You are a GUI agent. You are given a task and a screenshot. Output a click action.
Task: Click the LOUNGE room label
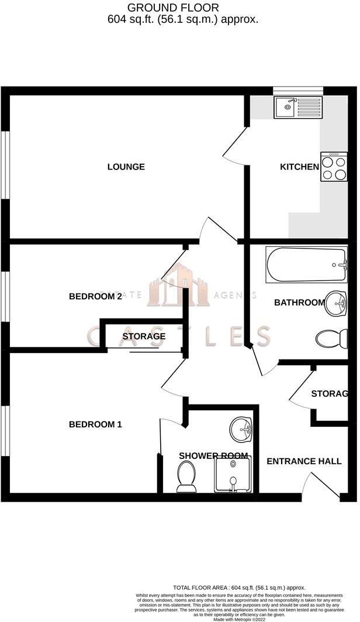click(126, 167)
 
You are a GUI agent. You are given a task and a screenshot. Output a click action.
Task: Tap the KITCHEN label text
click(299, 167)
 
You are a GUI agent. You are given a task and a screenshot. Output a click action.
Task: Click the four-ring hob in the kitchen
click(334, 167)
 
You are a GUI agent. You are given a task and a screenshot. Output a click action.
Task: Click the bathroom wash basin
click(336, 303)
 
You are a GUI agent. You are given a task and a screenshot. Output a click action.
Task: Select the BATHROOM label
click(299, 303)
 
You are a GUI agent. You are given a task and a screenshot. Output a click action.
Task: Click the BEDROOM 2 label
click(95, 296)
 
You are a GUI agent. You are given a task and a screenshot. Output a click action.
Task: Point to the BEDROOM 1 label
click(95, 424)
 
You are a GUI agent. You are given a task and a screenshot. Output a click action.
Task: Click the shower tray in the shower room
click(234, 474)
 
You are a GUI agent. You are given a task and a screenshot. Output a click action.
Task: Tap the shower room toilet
click(187, 476)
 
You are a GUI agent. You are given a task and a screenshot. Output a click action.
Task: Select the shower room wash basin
click(241, 430)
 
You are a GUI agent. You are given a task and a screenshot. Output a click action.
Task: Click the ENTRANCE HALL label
click(304, 461)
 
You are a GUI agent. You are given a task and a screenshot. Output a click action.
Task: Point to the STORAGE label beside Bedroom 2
click(144, 337)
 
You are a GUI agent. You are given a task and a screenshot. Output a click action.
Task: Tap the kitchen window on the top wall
click(297, 89)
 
